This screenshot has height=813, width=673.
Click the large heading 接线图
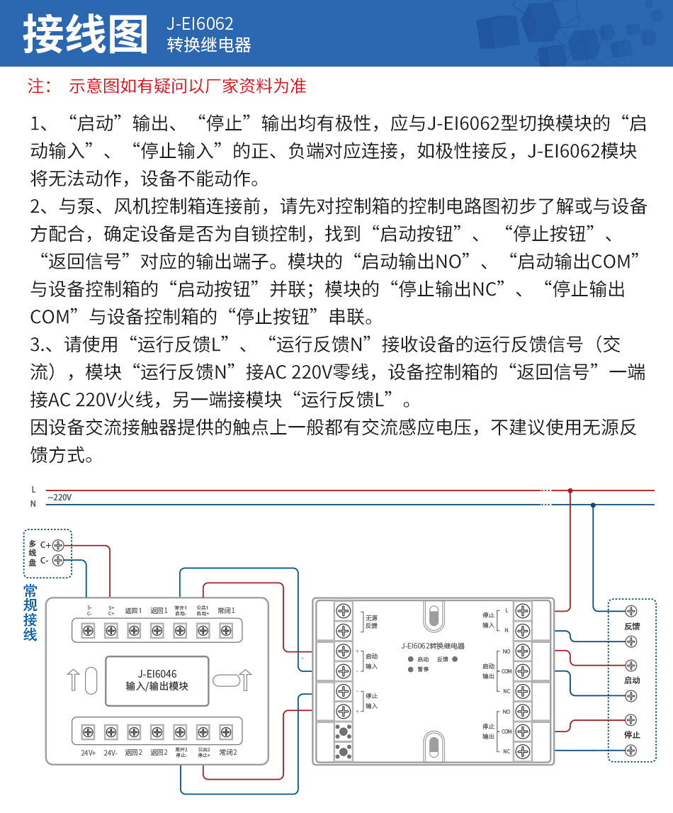pos(85,34)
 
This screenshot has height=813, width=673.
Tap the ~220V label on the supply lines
pos(60,498)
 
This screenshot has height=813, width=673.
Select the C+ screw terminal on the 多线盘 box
pos(58,545)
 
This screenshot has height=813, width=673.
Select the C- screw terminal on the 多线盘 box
pos(58,560)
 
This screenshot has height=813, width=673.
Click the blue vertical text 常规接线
pos(30,612)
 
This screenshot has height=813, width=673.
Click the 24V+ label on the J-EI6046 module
pos(89,753)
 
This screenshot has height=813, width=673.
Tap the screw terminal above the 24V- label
pos(111,731)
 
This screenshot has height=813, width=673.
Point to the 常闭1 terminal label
pos(227,610)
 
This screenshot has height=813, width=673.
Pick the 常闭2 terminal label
pos(227,753)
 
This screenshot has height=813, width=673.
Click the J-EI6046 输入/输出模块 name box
pos(157,680)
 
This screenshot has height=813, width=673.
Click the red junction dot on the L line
pos(570,490)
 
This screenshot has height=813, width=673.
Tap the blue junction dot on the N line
pos(593,505)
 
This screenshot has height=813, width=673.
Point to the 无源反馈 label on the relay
pos(371,622)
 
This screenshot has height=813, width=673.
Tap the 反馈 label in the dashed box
pos(632,627)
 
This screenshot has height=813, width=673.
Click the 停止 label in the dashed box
pos(632,735)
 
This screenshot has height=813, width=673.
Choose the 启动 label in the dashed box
pos(632,680)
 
